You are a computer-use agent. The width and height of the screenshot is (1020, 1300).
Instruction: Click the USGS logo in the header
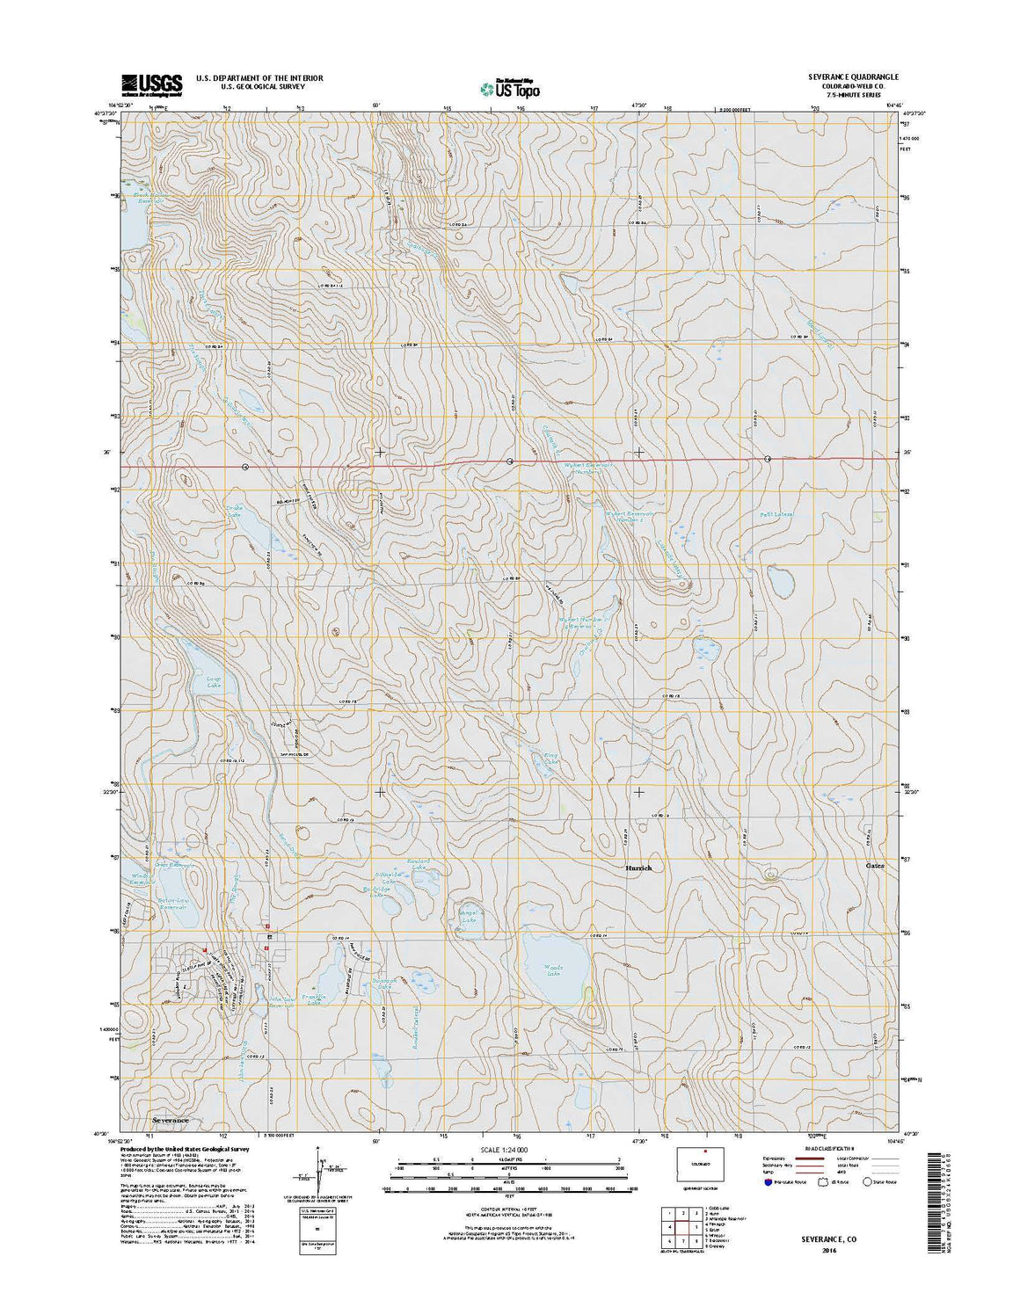tap(152, 84)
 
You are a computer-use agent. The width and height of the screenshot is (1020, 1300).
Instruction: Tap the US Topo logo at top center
tap(510, 88)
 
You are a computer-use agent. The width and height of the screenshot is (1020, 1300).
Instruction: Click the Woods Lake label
tap(552, 970)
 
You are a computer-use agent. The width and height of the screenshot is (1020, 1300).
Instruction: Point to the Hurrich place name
tap(638, 868)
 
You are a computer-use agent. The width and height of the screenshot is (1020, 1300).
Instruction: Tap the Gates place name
tap(874, 866)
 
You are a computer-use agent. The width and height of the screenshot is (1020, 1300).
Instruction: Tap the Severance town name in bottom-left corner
tap(170, 1121)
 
